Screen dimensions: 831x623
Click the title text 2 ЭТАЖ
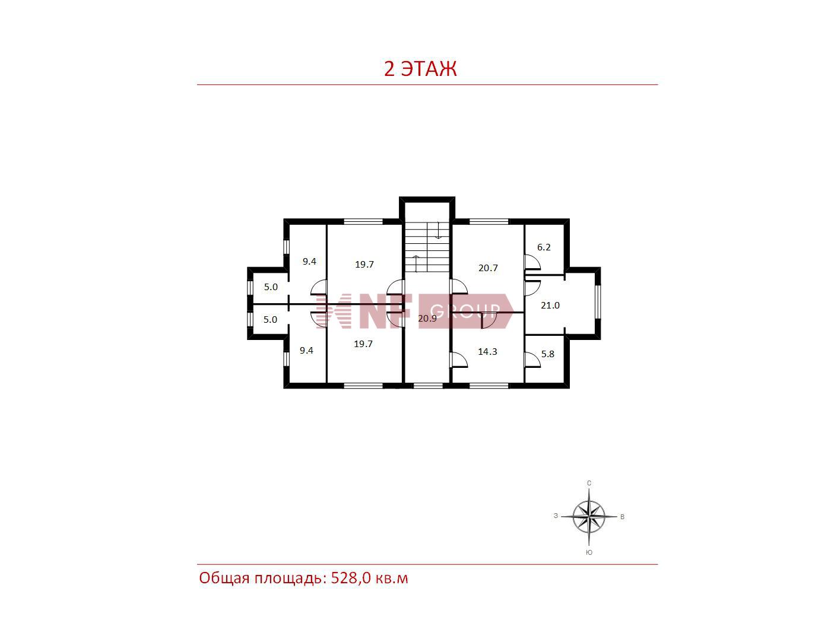click(x=420, y=68)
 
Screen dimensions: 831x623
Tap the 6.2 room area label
click(x=544, y=247)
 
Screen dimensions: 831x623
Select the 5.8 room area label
click(x=547, y=354)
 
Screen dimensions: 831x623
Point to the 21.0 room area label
click(x=550, y=305)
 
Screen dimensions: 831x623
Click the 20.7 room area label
click(x=488, y=268)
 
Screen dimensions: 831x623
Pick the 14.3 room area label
click(x=487, y=351)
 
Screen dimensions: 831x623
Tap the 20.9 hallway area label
click(x=427, y=319)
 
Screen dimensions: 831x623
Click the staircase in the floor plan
click(x=427, y=247)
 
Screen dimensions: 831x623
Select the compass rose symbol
click(x=589, y=516)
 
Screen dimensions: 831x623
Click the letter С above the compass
click(x=589, y=483)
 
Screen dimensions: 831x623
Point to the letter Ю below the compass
click(x=589, y=552)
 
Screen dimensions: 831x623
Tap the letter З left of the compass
click(x=556, y=516)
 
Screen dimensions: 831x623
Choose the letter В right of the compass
click(x=622, y=517)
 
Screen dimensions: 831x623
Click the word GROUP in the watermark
click(x=465, y=310)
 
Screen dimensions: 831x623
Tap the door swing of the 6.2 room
click(x=532, y=262)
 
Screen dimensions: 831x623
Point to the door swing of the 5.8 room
click(x=532, y=360)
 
